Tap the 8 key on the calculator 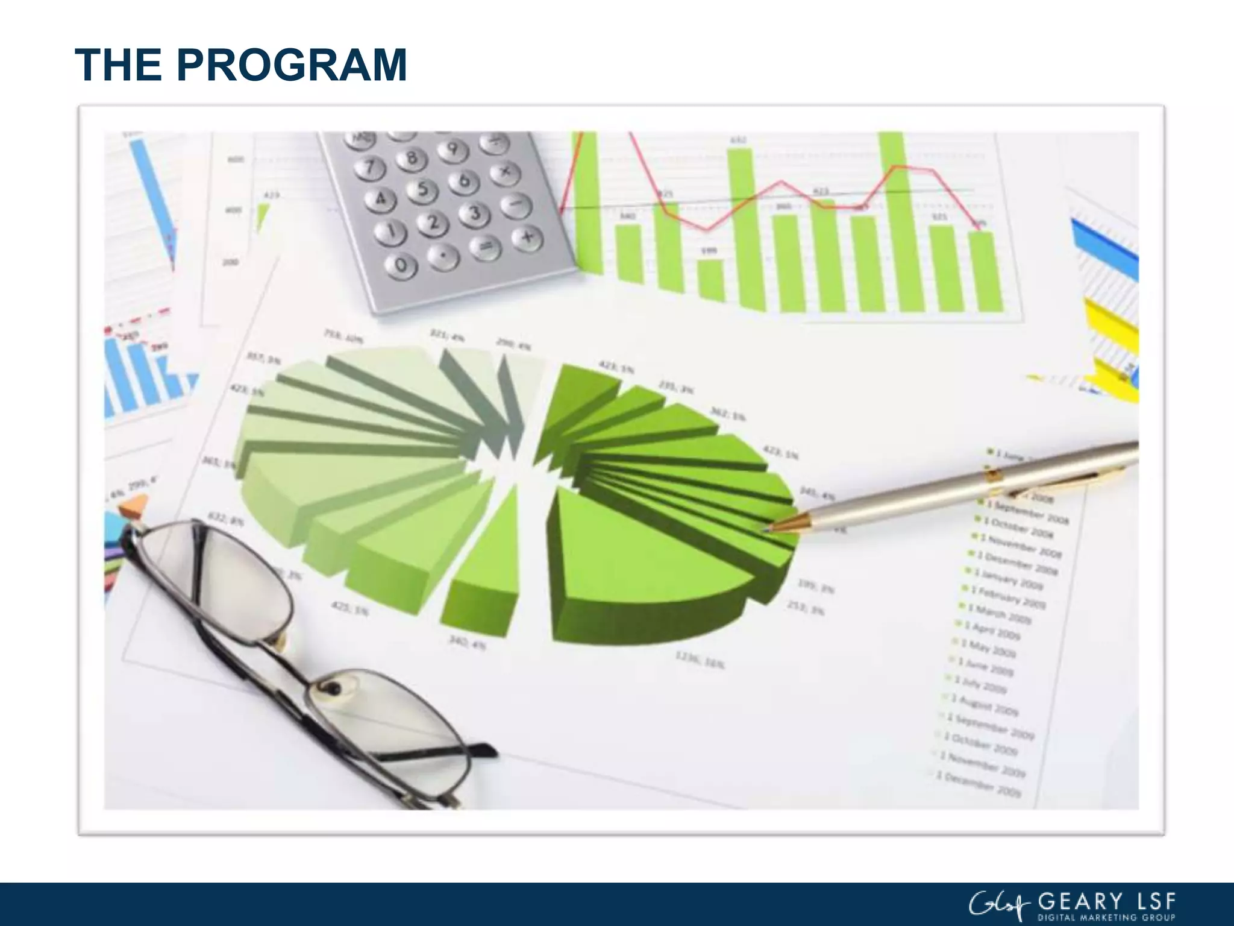[x=412, y=159]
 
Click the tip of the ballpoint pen [x=767, y=530]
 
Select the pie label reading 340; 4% [x=466, y=643]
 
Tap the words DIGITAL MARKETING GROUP [x=1106, y=918]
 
